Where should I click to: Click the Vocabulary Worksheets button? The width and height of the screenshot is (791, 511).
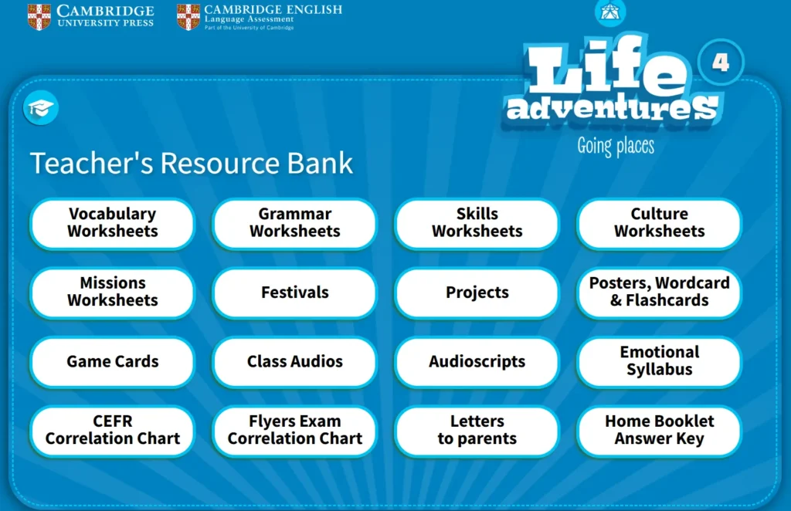(x=113, y=223)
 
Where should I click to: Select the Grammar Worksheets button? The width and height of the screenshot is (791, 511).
(x=294, y=223)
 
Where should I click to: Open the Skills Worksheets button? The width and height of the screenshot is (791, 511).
(x=477, y=223)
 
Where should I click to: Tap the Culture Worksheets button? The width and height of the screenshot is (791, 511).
(x=660, y=223)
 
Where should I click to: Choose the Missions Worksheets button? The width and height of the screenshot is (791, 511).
(x=113, y=293)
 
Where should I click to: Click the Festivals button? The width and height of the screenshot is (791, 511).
(x=294, y=293)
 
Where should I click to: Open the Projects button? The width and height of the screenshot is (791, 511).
(x=477, y=293)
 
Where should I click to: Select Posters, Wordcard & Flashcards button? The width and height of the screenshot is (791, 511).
(x=660, y=293)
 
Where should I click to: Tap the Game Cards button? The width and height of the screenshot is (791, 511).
(x=113, y=361)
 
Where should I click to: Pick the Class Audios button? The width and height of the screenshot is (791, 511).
(x=294, y=361)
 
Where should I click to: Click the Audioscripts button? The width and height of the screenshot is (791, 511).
(x=477, y=361)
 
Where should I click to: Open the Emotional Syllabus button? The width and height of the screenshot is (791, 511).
(x=660, y=361)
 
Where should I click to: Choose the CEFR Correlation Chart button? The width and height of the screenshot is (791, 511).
(x=113, y=431)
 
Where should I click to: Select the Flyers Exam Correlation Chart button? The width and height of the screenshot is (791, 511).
(x=294, y=431)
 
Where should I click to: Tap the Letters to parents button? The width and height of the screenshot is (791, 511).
(x=477, y=431)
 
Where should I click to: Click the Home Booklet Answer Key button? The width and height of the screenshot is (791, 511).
(x=660, y=431)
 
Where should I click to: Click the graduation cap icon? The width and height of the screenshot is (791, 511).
(x=41, y=108)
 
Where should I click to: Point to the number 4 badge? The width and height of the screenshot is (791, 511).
(x=721, y=63)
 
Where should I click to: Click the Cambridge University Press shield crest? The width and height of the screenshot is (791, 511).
(x=39, y=17)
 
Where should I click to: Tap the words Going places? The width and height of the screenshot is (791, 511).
(x=616, y=146)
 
